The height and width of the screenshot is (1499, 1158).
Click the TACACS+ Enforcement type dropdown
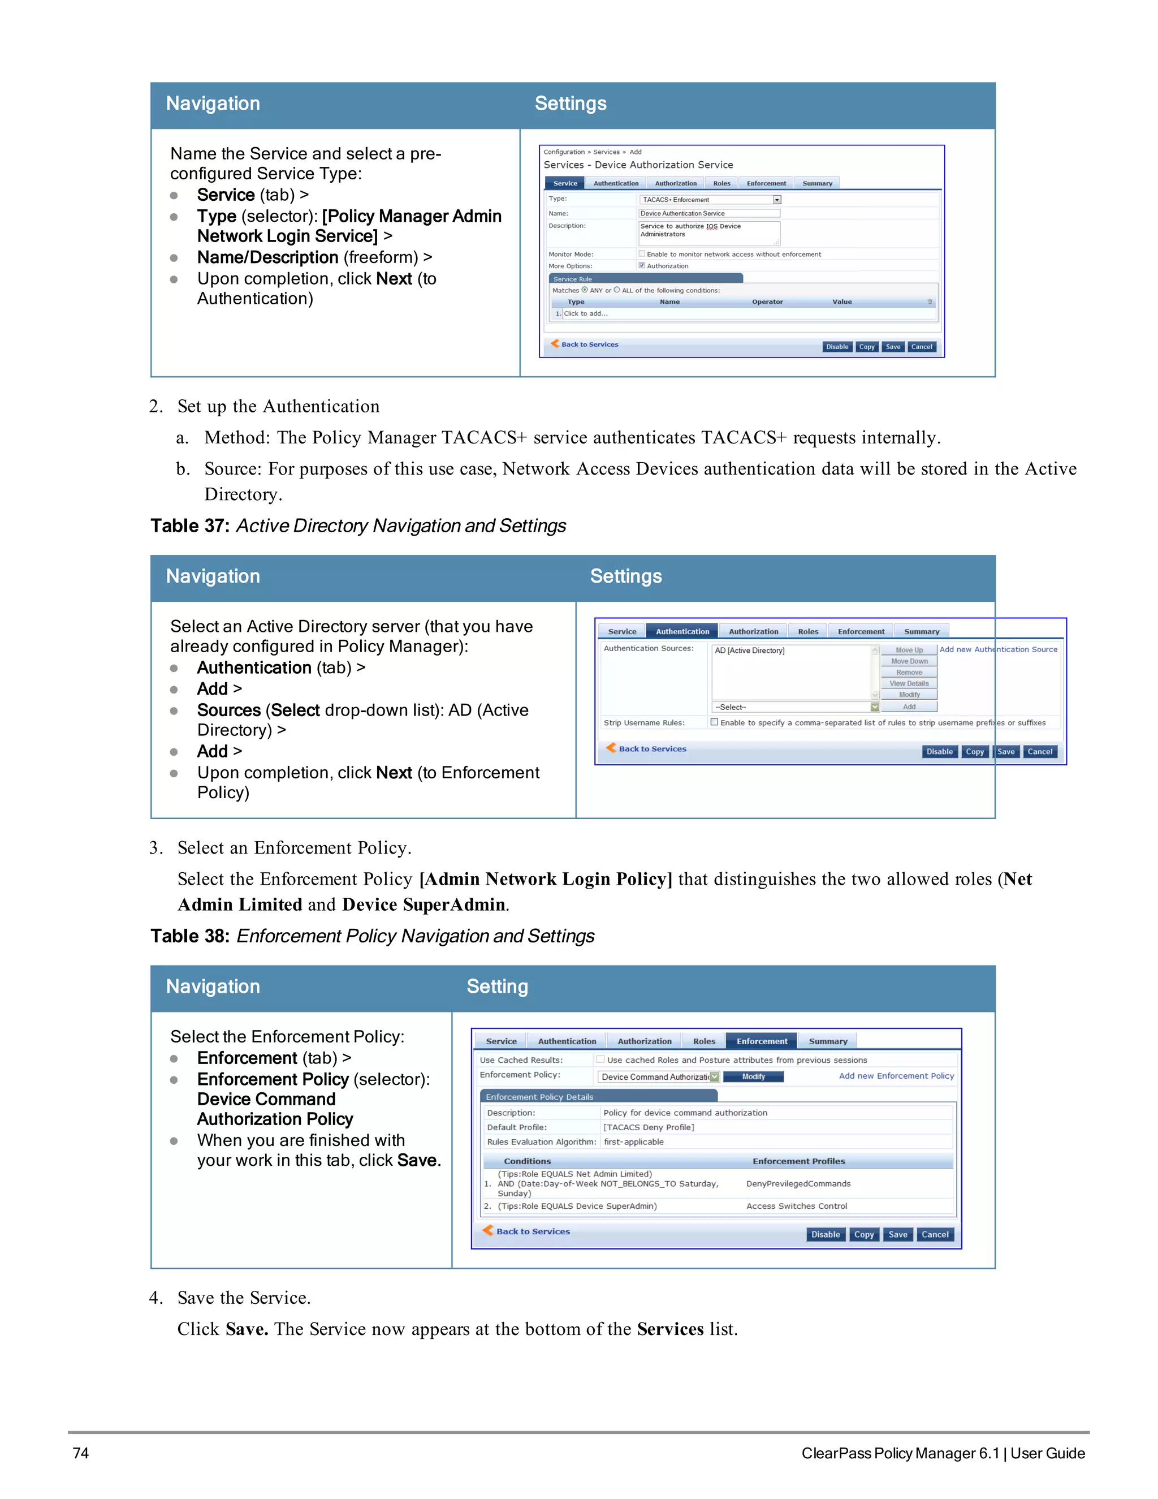pyautogui.click(x=710, y=200)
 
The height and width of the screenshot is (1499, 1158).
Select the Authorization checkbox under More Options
pyautogui.click(x=642, y=266)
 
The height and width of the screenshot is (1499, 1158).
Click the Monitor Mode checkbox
pyautogui.click(x=642, y=254)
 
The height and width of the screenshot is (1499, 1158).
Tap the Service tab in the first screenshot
pyautogui.click(x=565, y=183)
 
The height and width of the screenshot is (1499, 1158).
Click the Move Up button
pyautogui.click(x=909, y=650)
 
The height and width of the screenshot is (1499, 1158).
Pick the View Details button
pyautogui.click(x=909, y=684)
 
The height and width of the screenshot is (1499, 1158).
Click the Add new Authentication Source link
pyautogui.click(x=998, y=649)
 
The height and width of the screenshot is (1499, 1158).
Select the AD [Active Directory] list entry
pyautogui.click(x=750, y=651)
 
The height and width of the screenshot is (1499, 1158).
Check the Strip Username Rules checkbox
pyautogui.click(x=714, y=722)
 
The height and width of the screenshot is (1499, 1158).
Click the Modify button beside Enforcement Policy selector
pyautogui.click(x=753, y=1077)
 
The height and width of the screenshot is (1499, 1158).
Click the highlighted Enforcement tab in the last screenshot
pyautogui.click(x=762, y=1041)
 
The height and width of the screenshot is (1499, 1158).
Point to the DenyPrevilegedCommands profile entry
pyautogui.click(x=798, y=1184)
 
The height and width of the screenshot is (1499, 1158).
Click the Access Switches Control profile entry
pyautogui.click(x=797, y=1206)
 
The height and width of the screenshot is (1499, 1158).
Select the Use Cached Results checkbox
pyautogui.click(x=601, y=1059)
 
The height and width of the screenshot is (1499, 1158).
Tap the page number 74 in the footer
pyautogui.click(x=80, y=1453)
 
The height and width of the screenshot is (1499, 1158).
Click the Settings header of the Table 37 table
pyautogui.click(x=626, y=576)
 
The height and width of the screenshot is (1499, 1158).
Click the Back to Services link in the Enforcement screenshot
pyautogui.click(x=532, y=1231)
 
